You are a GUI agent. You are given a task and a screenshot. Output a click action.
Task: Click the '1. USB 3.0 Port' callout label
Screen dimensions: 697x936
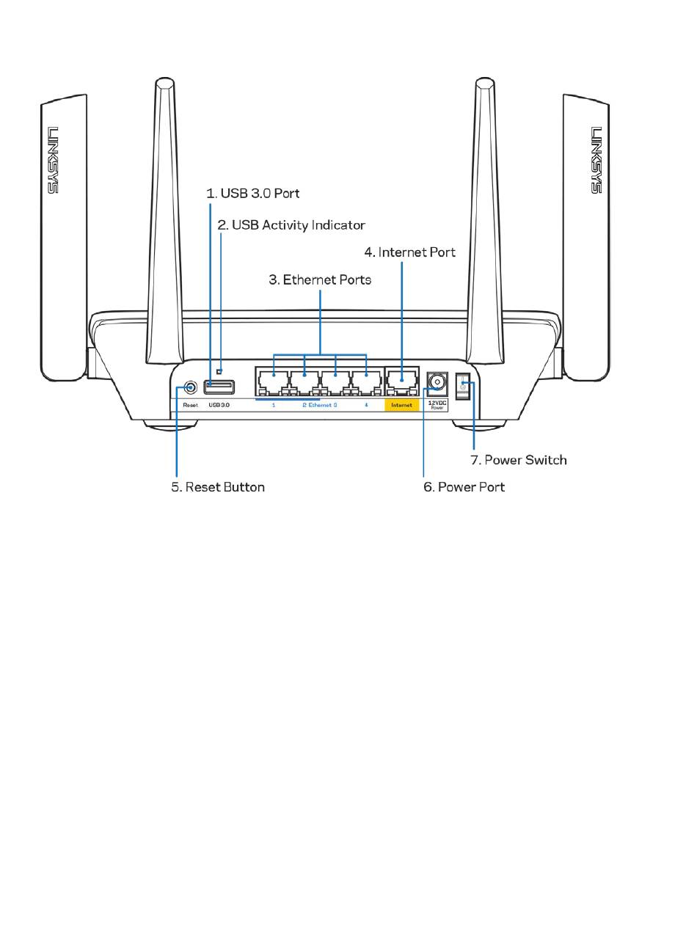(252, 193)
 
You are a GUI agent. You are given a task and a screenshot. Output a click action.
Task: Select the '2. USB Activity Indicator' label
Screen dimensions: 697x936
(291, 225)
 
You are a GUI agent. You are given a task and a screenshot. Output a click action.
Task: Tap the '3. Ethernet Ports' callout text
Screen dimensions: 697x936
(320, 279)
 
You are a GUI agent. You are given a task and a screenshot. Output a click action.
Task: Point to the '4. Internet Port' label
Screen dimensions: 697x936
(409, 252)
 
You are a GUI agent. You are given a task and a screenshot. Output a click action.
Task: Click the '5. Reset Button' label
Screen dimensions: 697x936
(218, 487)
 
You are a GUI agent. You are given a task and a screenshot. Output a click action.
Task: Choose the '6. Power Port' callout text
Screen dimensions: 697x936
(464, 487)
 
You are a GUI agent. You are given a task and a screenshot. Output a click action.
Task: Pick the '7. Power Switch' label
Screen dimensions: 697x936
(519, 460)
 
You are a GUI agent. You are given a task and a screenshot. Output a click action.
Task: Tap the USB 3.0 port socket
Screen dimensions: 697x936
(219, 387)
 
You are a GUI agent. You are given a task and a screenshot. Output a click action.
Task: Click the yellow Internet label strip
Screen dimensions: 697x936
(401, 405)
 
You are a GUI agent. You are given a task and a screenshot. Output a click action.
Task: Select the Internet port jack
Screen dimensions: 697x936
(401, 381)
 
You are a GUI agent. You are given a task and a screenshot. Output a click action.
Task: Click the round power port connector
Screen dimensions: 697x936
(437, 382)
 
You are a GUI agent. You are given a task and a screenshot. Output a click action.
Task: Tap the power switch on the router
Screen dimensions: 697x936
(463, 386)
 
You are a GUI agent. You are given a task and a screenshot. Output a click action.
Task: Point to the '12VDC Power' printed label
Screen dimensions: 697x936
(437, 405)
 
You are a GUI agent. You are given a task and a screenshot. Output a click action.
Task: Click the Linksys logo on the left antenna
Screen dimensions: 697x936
(52, 160)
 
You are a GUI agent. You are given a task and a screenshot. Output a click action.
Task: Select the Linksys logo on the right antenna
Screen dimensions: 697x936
(596, 160)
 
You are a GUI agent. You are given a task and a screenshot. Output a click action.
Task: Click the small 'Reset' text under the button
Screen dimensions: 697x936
(191, 405)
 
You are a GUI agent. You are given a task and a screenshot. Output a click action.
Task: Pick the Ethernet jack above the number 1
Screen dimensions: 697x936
(273, 382)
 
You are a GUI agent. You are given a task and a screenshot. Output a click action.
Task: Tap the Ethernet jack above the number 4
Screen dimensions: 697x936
(366, 382)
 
